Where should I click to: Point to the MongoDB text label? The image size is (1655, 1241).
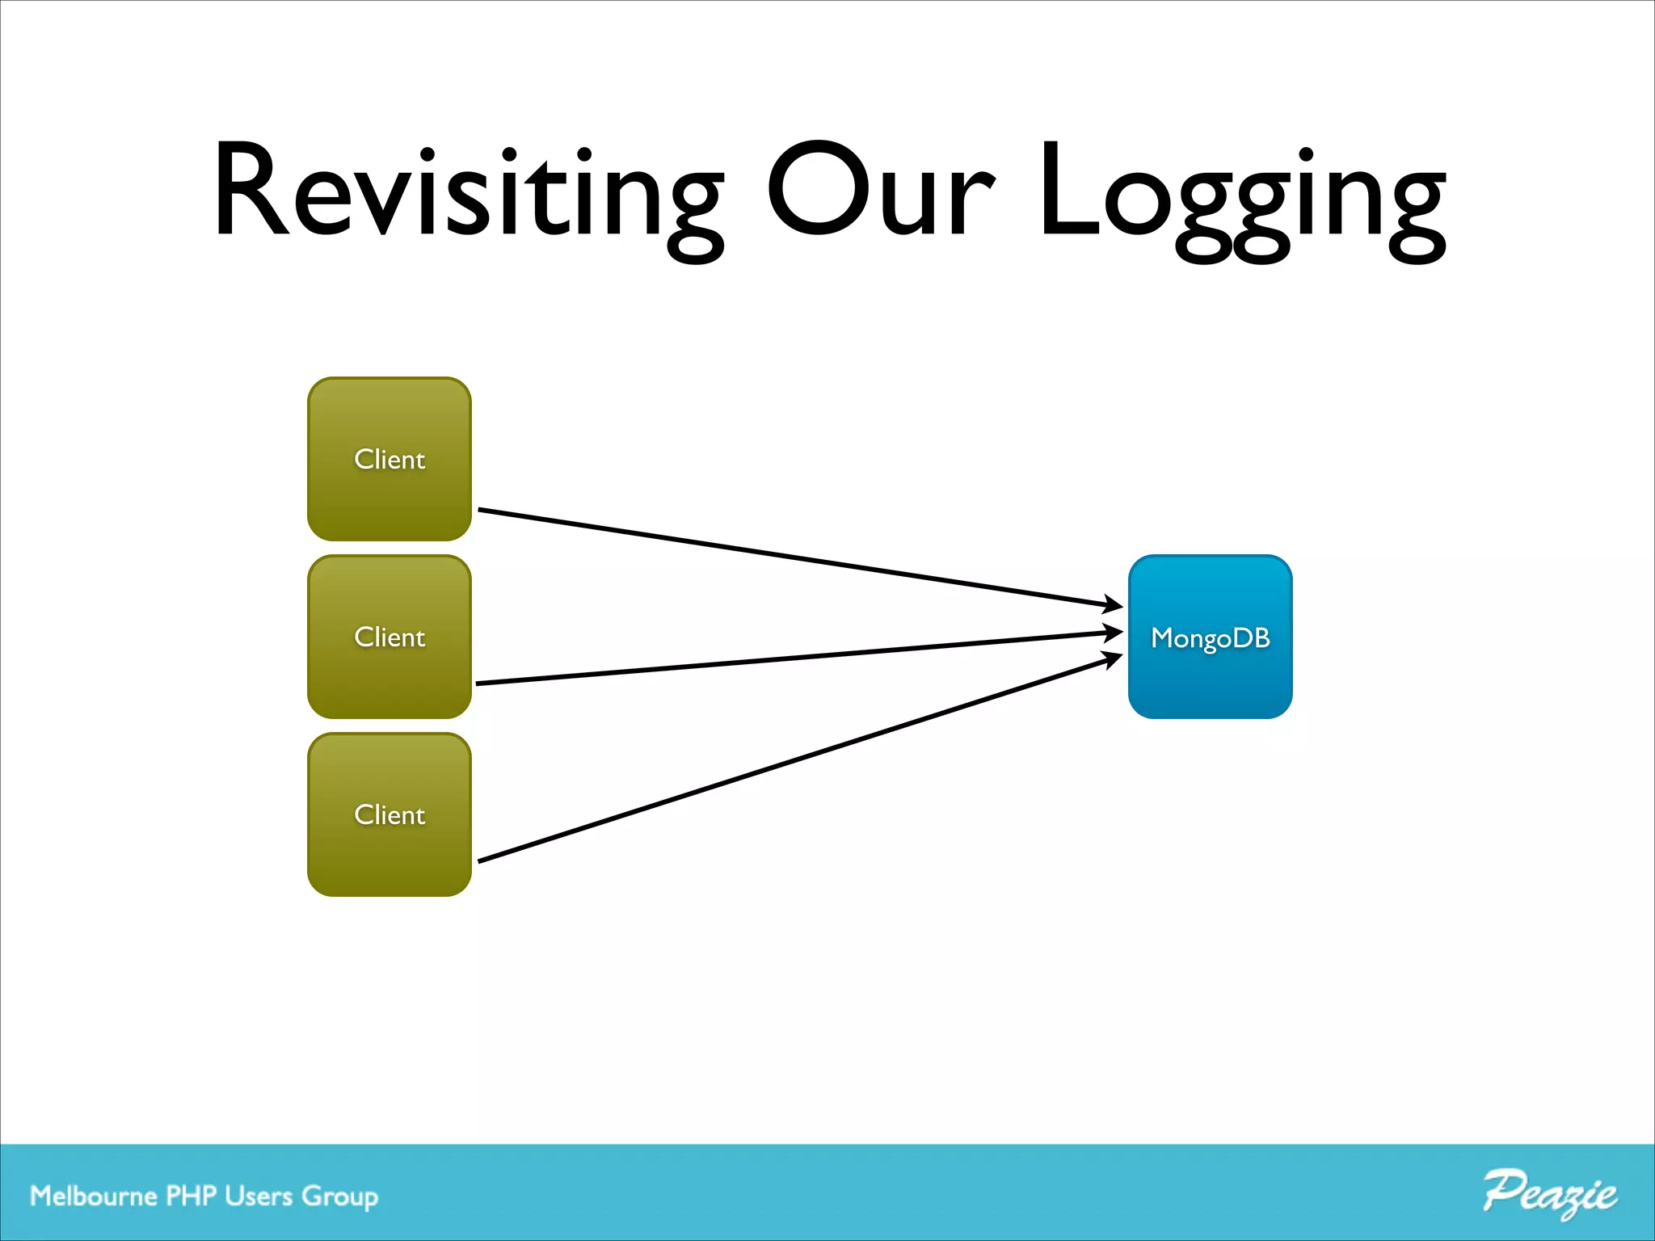coord(1210,638)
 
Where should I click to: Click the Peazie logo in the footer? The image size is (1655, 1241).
coord(1549,1193)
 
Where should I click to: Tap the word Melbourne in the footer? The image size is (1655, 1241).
coord(93,1196)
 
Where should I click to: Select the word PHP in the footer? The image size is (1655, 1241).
coord(191,1196)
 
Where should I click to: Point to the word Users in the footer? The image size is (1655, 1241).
coord(259,1196)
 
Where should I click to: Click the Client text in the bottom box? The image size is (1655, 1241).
coord(390,814)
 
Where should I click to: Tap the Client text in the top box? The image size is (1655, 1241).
coord(390,459)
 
